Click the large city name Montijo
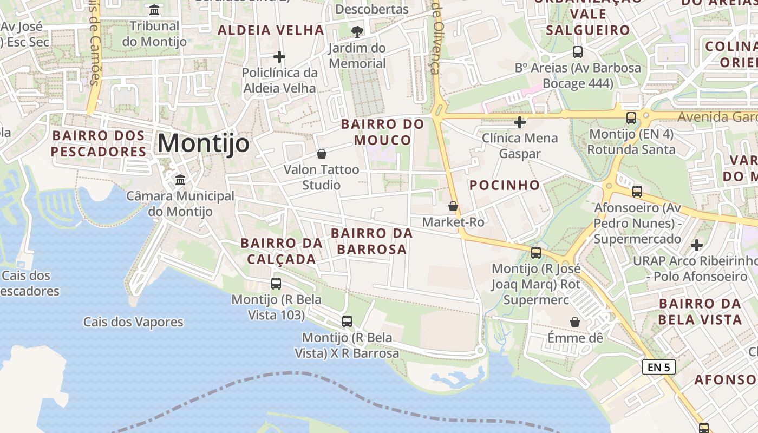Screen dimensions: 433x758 click(x=204, y=143)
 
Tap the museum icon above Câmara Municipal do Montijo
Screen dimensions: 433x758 click(x=180, y=179)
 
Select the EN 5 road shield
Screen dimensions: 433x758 click(x=658, y=367)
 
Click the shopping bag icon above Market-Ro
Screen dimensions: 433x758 click(x=453, y=206)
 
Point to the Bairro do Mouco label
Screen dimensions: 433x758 click(x=383, y=132)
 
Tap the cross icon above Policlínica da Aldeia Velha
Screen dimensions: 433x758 click(x=279, y=56)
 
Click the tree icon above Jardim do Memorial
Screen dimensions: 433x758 click(x=357, y=31)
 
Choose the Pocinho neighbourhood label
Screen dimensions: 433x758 click(x=505, y=185)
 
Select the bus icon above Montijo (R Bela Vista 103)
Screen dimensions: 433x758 click(x=276, y=283)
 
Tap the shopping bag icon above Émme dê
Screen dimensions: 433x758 click(x=575, y=323)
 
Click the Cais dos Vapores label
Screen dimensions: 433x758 click(x=133, y=322)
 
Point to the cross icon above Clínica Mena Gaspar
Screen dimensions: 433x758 click(x=520, y=122)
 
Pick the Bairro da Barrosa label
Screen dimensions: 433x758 click(x=371, y=241)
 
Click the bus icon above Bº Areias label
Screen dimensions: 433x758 click(x=578, y=52)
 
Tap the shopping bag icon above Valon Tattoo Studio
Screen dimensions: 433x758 click(x=322, y=154)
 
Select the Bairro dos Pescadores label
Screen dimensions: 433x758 click(x=99, y=143)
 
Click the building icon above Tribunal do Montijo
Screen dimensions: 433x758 click(x=154, y=10)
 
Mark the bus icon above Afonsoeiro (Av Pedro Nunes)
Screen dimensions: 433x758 click(x=637, y=191)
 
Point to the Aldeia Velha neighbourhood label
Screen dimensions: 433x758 click(x=271, y=30)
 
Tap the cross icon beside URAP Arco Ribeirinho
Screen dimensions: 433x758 click(x=697, y=245)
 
